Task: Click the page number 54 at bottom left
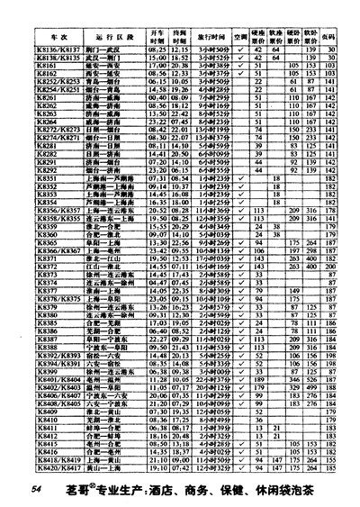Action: click(x=37, y=487)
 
